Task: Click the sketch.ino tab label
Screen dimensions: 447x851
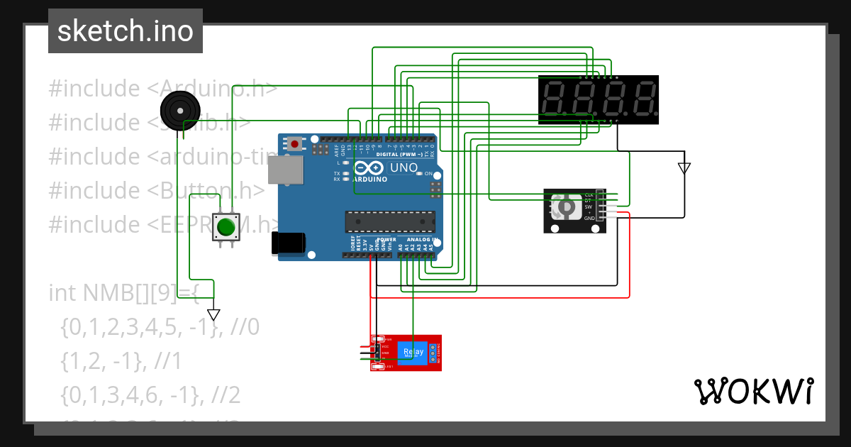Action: click(125, 31)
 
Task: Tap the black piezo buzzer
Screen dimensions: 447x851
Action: click(180, 111)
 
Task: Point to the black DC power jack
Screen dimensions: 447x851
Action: click(289, 243)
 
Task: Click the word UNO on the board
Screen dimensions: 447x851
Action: click(404, 167)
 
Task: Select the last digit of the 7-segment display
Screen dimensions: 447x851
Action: click(643, 99)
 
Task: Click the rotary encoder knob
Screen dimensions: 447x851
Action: click(567, 206)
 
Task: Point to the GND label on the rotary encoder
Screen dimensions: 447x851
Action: click(589, 219)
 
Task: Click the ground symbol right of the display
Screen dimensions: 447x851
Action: click(684, 168)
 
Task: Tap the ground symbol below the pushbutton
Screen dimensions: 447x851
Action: click(213, 314)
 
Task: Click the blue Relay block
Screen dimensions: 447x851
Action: click(413, 353)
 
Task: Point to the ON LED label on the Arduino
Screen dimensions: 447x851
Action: click(428, 174)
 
